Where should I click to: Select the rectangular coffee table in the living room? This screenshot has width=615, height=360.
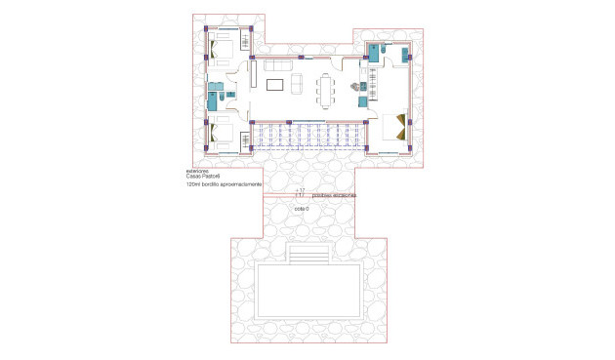click(x=275, y=82)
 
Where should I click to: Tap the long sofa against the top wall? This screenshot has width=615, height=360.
click(x=275, y=66)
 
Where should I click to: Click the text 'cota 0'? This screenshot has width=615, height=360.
click(x=301, y=210)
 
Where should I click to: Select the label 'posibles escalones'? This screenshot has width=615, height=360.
click(x=334, y=195)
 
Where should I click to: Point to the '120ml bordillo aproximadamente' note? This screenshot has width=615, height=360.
click(x=224, y=183)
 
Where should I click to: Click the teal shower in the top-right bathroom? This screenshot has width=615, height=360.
click(x=375, y=56)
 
